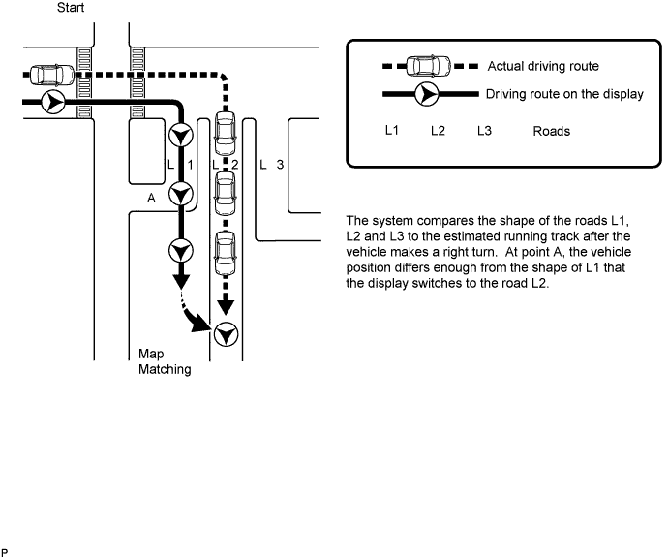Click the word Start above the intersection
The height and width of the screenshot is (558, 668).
71,8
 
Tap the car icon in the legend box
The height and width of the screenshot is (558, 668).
429,66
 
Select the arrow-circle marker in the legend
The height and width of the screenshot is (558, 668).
426,94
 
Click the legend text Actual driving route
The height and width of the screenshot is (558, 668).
543,66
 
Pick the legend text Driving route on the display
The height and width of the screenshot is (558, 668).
564,94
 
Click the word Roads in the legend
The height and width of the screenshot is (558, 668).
551,131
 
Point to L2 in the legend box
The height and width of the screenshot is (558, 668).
438,131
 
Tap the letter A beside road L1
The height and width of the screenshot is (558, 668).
151,199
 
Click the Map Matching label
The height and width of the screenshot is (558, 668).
165,361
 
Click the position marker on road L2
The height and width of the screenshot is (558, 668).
226,334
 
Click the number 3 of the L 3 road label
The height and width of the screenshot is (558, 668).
280,164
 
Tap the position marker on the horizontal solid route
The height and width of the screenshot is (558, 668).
53,102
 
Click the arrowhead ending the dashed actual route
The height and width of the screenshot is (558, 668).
226,306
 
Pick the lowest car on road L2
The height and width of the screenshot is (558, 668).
225,253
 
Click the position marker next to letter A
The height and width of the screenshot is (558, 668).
181,194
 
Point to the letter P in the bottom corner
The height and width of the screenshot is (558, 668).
5,553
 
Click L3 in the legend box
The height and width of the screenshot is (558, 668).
484,131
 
